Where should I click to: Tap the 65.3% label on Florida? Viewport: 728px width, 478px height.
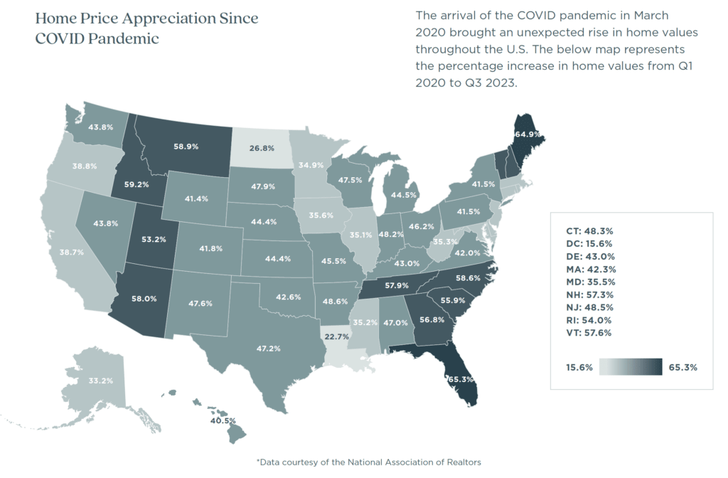pyautogui.click(x=461, y=379)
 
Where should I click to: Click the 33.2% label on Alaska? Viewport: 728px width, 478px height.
pyautogui.click(x=100, y=381)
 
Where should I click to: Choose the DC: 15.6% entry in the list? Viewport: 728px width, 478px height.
pyautogui.click(x=583, y=243)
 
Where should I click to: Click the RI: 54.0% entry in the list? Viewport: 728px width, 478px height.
pyautogui.click(x=582, y=319)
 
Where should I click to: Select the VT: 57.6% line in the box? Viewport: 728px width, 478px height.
pyautogui.click(x=583, y=332)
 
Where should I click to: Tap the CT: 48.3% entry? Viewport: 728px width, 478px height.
pyautogui.click(x=583, y=230)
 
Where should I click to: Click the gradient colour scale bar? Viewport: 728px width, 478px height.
pyautogui.click(x=631, y=367)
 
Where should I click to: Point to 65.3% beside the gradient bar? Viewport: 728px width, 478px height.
pyautogui.click(x=683, y=368)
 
